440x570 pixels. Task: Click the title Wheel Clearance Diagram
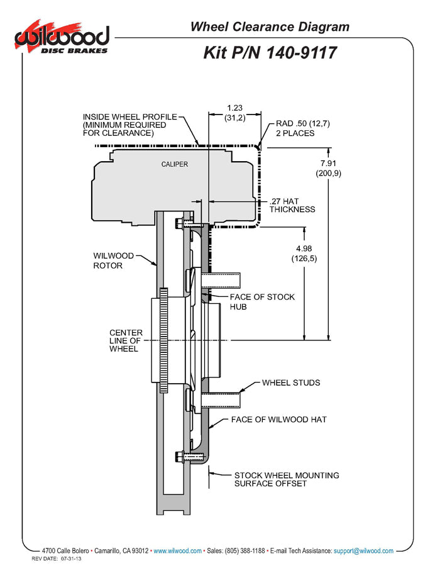(x=270, y=26)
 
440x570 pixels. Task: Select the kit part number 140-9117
(x=270, y=53)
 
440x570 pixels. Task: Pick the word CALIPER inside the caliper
(x=173, y=164)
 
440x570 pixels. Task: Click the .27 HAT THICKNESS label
(x=292, y=205)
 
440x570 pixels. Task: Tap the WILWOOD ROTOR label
(x=113, y=260)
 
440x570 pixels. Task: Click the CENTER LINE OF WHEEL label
(x=126, y=340)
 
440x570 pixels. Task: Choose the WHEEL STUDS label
(x=290, y=383)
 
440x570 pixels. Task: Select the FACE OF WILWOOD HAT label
(x=278, y=419)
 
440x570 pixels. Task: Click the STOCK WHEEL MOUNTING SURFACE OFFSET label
(x=286, y=479)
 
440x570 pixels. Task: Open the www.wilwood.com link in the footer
(x=177, y=550)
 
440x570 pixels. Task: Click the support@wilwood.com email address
(x=363, y=550)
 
